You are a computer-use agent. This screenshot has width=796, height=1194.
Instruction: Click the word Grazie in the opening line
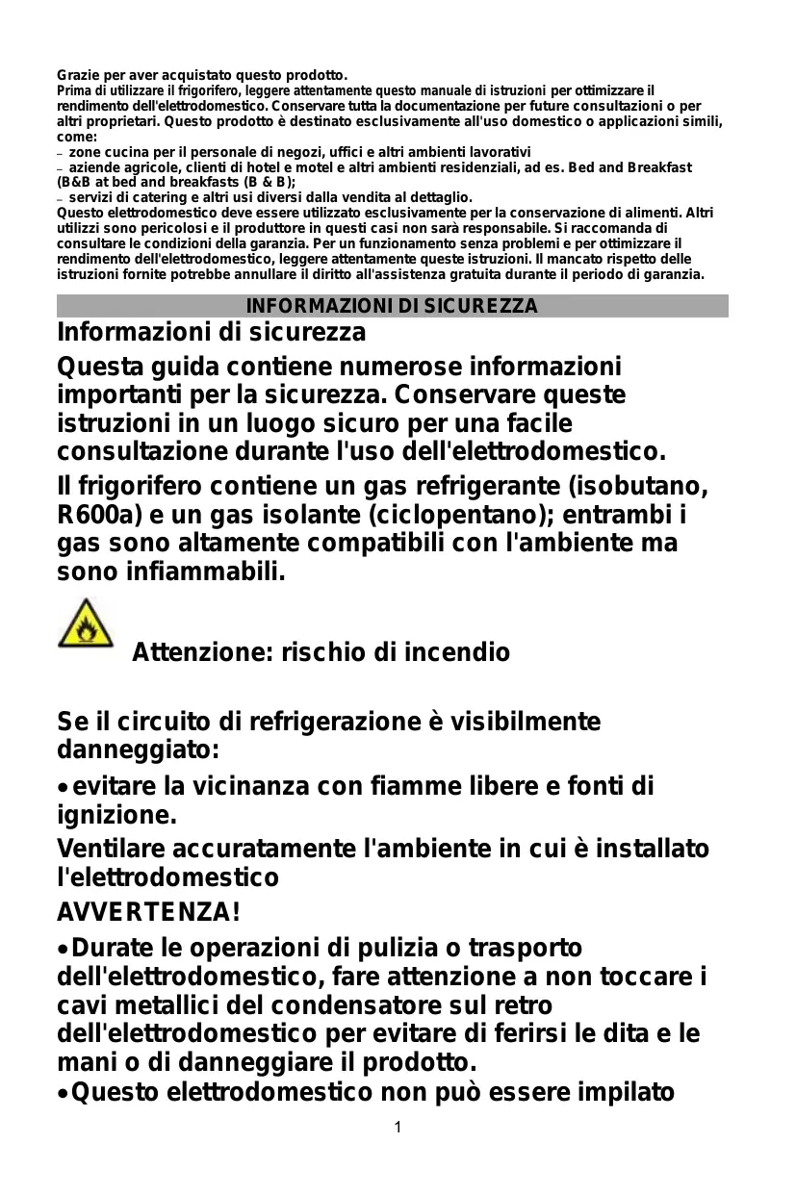pos(77,75)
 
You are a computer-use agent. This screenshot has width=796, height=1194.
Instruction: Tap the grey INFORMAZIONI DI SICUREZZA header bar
pos(392,306)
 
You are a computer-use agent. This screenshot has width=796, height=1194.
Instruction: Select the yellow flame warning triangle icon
pos(85,623)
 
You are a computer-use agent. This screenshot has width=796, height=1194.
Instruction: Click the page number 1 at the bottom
pos(398,1127)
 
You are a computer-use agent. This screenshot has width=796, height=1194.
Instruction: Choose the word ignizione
pos(116,816)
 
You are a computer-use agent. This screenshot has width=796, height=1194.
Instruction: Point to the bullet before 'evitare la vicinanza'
pos(63,788)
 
